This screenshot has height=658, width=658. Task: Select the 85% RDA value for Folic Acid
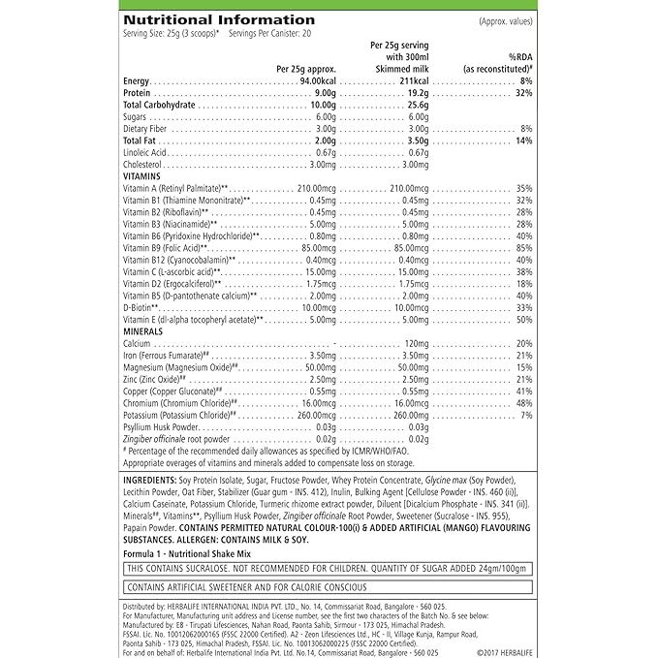(x=524, y=247)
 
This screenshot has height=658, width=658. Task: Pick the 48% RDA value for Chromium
(x=524, y=401)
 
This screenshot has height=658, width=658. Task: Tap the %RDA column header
(x=520, y=57)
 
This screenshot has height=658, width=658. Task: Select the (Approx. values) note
(x=505, y=19)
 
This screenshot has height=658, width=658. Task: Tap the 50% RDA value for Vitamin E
(x=524, y=319)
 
